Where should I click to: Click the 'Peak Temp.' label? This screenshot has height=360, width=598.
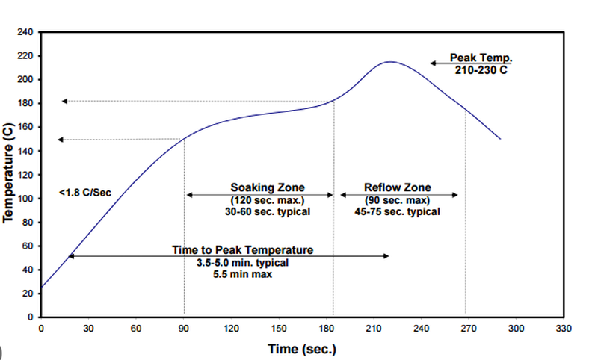point(479,58)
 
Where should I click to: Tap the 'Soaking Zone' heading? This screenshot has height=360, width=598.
point(268,187)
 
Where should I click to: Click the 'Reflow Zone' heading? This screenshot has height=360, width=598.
point(398,187)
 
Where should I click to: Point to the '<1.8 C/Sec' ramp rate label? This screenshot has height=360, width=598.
point(84,193)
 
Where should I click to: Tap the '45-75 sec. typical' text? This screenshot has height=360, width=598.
point(398,212)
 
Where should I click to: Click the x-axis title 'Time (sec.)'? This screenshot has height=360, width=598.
point(302,349)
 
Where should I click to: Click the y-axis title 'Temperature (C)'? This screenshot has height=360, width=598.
point(8,173)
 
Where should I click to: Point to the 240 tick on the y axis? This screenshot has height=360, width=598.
point(24,33)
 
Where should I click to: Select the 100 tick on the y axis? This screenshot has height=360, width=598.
point(24,199)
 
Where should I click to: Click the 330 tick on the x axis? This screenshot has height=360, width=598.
point(564,329)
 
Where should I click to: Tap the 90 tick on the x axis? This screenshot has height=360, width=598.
point(184,329)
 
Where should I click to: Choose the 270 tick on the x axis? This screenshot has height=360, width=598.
point(469,329)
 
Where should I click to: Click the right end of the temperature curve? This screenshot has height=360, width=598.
point(500,139)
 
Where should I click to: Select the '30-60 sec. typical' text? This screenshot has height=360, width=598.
point(268,212)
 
